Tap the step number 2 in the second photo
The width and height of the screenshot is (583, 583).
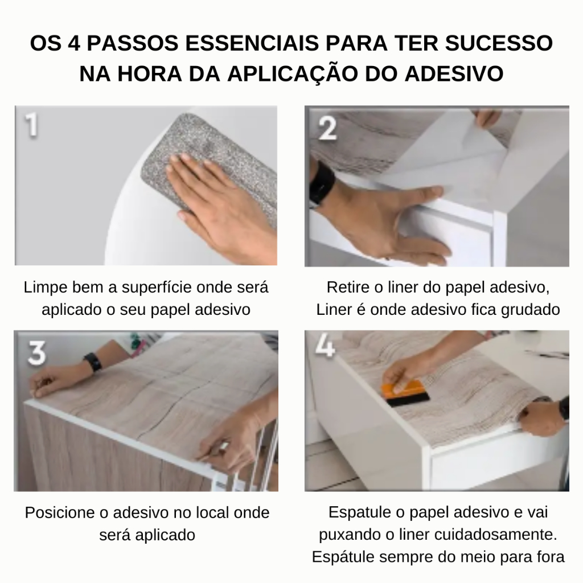(327, 128)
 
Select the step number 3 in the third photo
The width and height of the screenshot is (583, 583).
(37, 352)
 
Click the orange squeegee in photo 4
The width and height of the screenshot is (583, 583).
(405, 393)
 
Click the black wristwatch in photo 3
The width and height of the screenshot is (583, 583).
(93, 362)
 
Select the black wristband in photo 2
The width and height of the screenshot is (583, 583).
(321, 184)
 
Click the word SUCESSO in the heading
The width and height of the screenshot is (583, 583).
(499, 43)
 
